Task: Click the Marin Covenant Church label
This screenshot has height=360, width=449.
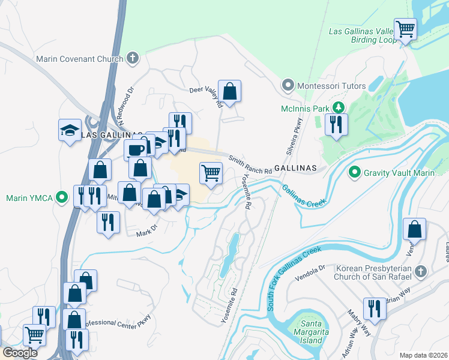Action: pos(79,59)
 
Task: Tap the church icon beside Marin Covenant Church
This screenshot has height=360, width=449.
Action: pos(132,59)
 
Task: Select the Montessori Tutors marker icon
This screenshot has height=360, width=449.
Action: pos(289,86)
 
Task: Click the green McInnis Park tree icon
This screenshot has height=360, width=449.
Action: pos(339,108)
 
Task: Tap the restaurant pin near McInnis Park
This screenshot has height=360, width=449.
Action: pos(336,125)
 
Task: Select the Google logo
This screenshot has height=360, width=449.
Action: pos(20,353)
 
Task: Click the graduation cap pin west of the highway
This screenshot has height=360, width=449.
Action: pos(70,130)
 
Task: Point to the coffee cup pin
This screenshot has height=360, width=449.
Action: pos(135,149)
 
